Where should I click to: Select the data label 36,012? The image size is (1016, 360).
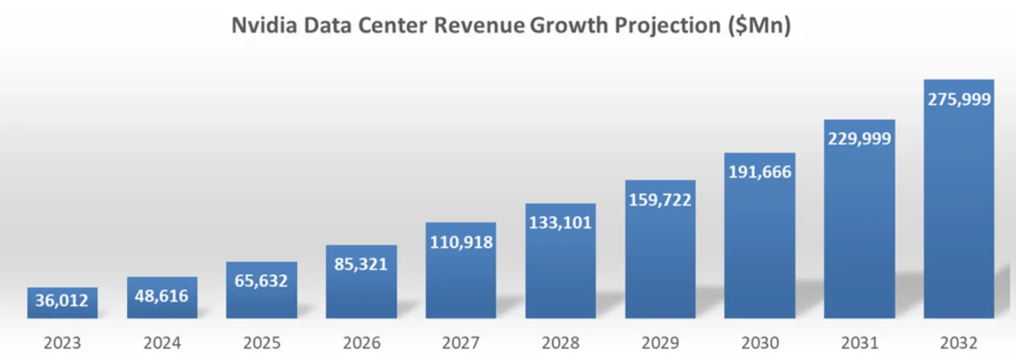[62, 300]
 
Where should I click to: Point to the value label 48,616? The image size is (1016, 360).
[161, 296]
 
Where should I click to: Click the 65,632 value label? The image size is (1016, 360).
[261, 281]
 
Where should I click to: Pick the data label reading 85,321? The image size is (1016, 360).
[361, 264]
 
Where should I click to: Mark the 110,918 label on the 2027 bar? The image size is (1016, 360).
[461, 242]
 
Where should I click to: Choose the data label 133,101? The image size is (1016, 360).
[560, 223]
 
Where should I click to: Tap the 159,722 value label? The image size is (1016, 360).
[660, 200]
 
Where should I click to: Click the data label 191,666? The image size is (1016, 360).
[759, 172]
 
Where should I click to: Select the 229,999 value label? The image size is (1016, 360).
[859, 138]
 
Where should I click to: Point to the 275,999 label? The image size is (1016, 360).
[959, 99]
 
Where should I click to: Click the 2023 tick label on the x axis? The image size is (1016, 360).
[62, 343]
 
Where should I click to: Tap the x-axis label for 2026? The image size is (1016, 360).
[361, 343]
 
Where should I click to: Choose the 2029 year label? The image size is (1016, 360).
[660, 343]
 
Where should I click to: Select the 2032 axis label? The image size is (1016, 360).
[959, 343]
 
